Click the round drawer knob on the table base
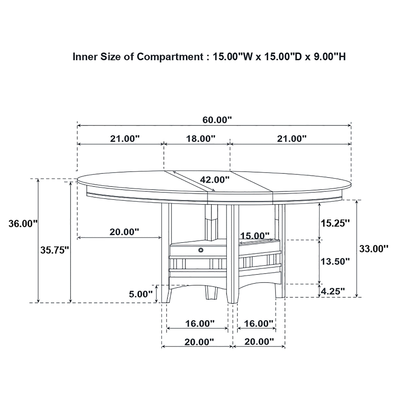pyautogui.click(x=200, y=250)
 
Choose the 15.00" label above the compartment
pyautogui.click(x=255, y=236)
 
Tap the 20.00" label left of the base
pyautogui.click(x=124, y=232)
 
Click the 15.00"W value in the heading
pyautogui.click(x=232, y=57)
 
